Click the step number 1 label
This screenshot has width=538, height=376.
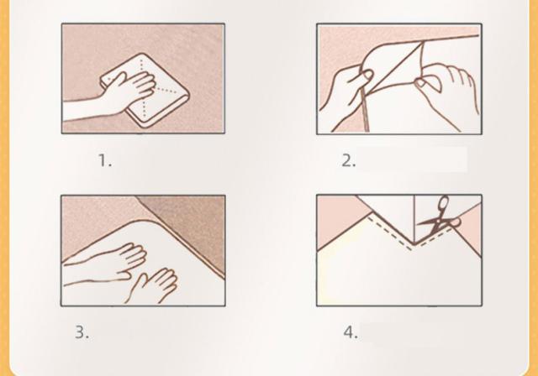tap(105, 160)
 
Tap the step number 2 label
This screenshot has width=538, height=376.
tap(348, 160)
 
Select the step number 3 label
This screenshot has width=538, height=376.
tap(82, 332)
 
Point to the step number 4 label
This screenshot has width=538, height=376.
tap(351, 332)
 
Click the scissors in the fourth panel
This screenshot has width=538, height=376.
tap(439, 219)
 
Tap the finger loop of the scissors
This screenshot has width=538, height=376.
tap(444, 203)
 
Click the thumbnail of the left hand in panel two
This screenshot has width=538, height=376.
tap(367, 75)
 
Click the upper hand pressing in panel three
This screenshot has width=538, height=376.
tap(113, 259)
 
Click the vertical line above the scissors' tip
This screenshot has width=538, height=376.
tap(414, 219)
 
